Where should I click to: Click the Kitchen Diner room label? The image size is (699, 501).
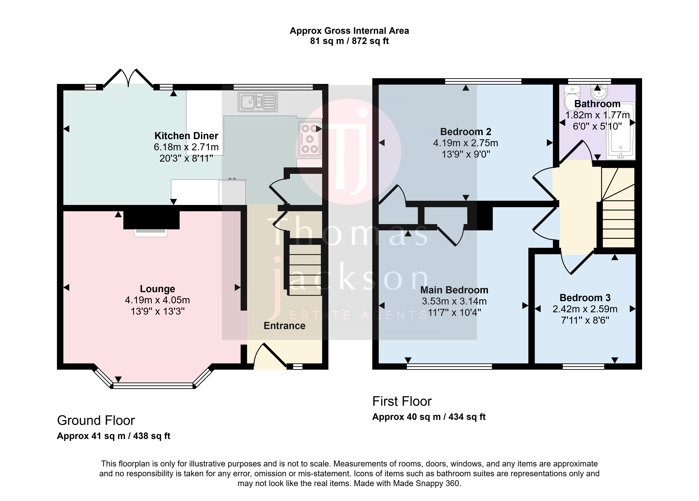pos(186,136)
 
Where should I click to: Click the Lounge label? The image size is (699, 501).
pos(157,289)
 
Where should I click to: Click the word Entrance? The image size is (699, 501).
pos(285,326)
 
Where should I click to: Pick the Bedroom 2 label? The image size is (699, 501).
pos(466,132)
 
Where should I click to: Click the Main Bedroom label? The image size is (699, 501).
pos(454,290)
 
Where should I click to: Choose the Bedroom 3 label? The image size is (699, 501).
pos(585,298)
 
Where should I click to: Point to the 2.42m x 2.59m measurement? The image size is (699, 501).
pos(585,309)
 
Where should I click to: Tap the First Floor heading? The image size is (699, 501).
pos(402,401)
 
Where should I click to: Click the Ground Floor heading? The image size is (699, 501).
pos(96,420)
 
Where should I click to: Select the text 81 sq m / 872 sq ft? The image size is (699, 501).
pos(349,41)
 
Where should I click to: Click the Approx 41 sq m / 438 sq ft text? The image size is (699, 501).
pos(114,436)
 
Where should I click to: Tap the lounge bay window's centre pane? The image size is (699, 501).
pos(153,386)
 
